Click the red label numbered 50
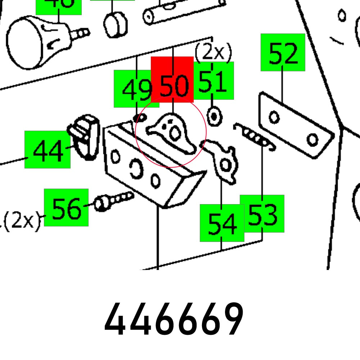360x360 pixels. click(172, 80)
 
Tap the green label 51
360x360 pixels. click(214, 81)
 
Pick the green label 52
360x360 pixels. click(283, 53)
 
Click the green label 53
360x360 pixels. click(262, 214)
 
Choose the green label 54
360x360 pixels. click(222, 223)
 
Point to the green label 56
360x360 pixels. click(66, 208)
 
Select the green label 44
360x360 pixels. click(48, 150)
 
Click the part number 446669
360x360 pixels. click(174, 320)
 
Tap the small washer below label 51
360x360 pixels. click(215, 117)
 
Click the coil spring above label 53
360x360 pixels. click(255, 138)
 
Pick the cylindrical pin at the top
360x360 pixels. click(184, 11)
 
